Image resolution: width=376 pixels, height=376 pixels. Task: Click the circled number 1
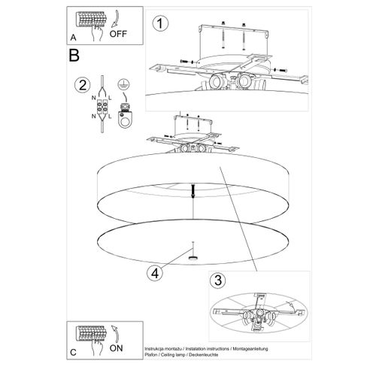pos(160,23)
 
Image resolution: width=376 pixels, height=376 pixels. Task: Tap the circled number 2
pos(83,85)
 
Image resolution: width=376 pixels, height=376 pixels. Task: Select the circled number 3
pos(217,280)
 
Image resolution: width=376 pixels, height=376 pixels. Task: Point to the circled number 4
pos(155,273)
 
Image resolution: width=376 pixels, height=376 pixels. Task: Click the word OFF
pos(118,34)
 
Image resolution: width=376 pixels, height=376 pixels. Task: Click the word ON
pos(116,348)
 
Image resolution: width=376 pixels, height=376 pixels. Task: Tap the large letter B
pos(74,56)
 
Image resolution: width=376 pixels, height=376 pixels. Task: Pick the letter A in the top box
pos(73,38)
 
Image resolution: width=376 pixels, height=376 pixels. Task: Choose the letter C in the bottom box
pos(73,353)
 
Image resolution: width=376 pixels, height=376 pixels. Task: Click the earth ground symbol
pos(124,83)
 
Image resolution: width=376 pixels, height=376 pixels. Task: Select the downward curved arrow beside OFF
pos(115,19)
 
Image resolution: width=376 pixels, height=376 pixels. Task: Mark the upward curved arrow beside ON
pos(115,333)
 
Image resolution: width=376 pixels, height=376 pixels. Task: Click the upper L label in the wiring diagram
pos(110,99)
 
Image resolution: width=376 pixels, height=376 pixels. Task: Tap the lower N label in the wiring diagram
pos(93,117)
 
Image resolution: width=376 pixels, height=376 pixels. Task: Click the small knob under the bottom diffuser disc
pos(193,259)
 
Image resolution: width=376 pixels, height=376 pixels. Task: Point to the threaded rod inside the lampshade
pos(193,190)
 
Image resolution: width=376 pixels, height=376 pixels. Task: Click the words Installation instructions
pos(208,349)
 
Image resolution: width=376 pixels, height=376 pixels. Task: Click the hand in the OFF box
pos(97,33)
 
